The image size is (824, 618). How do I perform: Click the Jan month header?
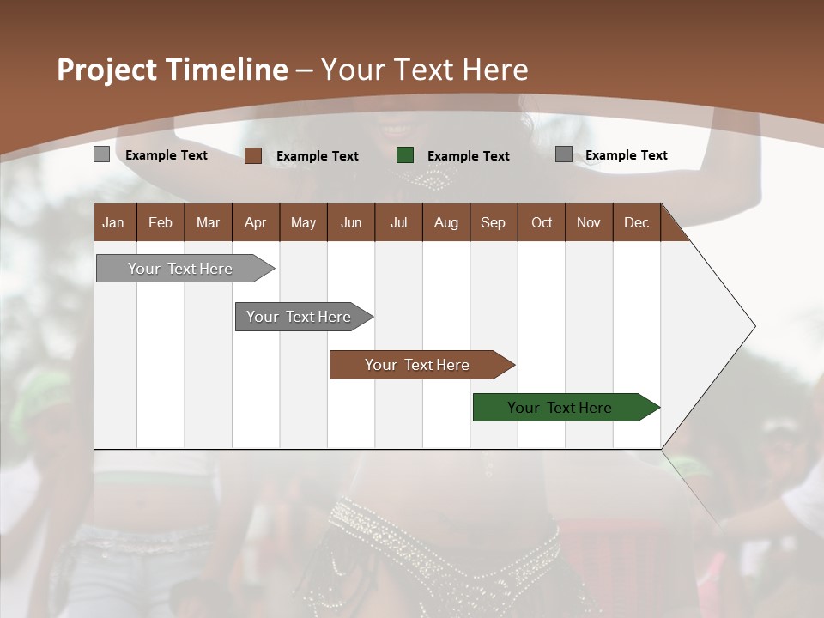(113, 222)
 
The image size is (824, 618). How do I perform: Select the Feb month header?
(161, 222)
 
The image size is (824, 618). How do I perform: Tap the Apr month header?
(255, 222)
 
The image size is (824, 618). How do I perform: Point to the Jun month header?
(351, 222)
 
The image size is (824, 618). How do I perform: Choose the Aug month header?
(445, 222)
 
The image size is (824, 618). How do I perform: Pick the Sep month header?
(493, 222)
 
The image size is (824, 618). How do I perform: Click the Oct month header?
(542, 222)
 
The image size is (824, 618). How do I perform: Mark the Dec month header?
(636, 222)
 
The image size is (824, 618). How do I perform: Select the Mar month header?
(208, 222)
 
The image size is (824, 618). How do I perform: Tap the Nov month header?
(588, 222)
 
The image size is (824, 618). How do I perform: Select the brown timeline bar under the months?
(418, 365)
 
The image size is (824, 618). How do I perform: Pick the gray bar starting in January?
(181, 269)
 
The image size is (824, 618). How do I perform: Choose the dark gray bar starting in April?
(300, 317)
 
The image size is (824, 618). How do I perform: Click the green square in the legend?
(405, 155)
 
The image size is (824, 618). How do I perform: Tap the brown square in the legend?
(253, 155)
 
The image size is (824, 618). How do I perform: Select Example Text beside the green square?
(468, 156)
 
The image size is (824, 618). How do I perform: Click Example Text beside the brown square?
(317, 156)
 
